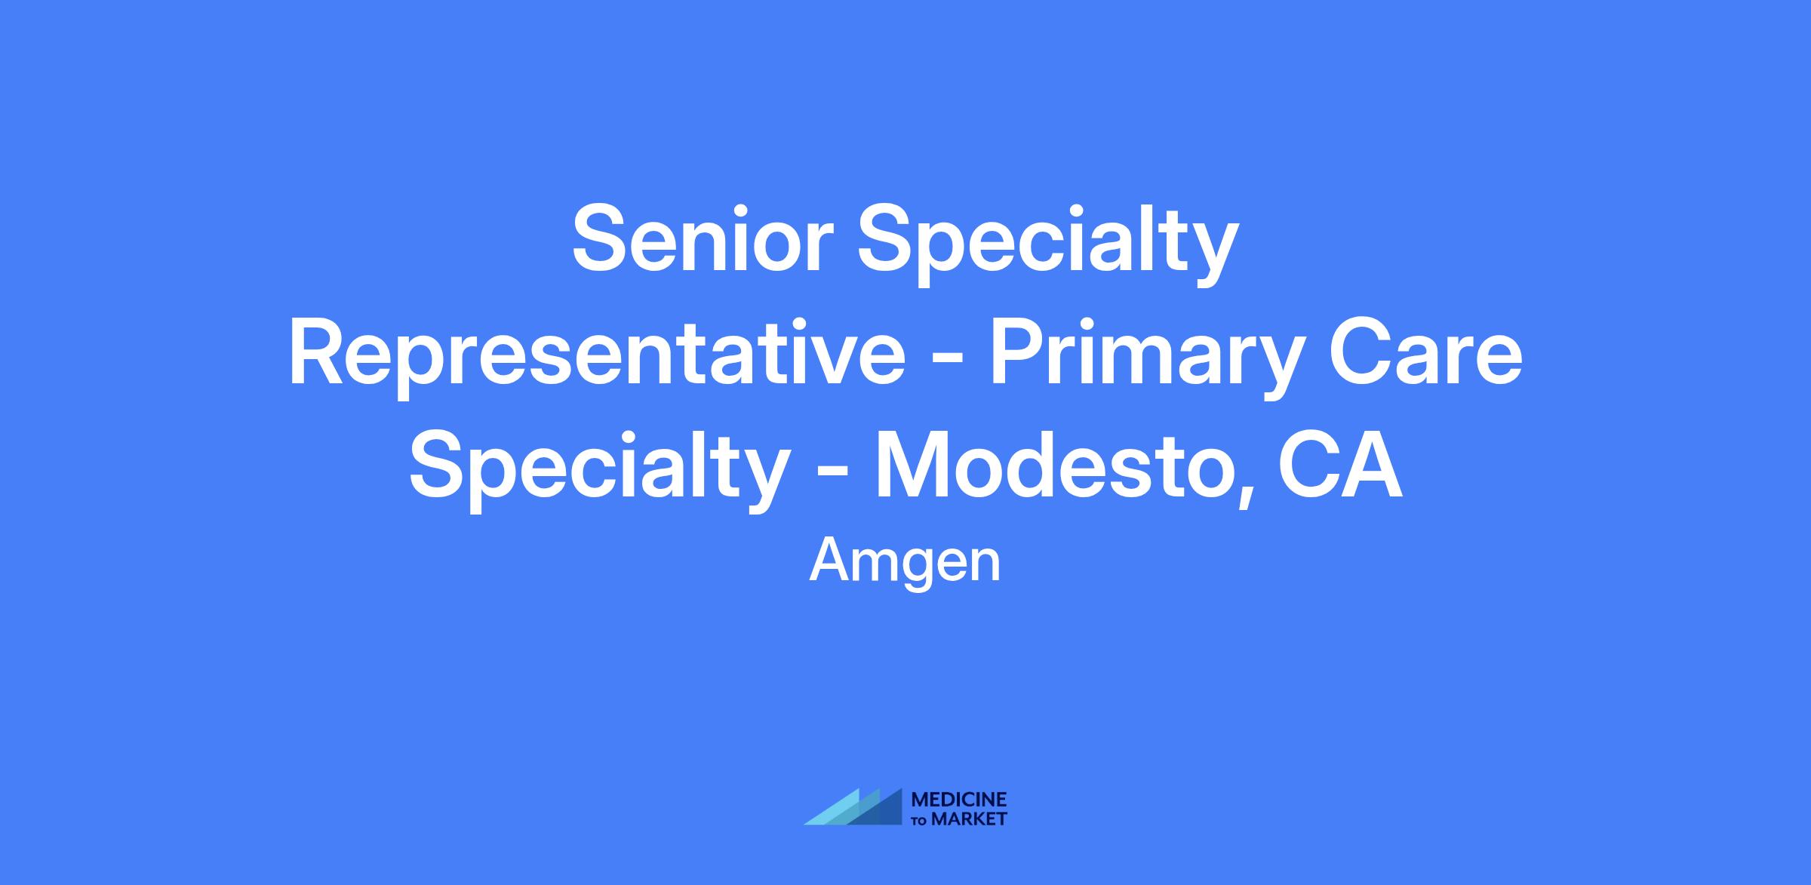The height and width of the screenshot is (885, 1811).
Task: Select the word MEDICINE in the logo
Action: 960,800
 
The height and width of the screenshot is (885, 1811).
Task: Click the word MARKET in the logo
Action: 969,819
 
